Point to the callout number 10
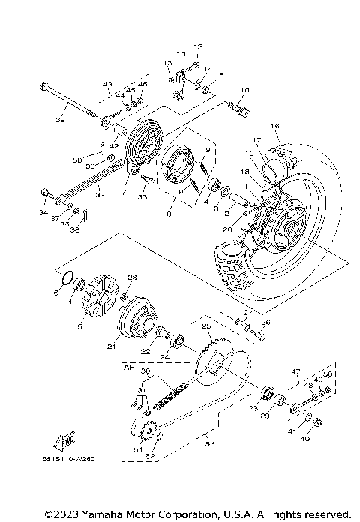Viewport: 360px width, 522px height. pyautogui.click(x=243, y=91)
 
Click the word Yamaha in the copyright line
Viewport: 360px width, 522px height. pyautogui.click(x=100, y=514)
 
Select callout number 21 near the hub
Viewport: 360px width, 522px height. pyautogui.click(x=110, y=346)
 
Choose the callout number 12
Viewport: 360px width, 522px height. pyautogui.click(x=199, y=46)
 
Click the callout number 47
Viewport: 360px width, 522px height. pyautogui.click(x=295, y=370)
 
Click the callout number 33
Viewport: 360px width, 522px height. pyautogui.click(x=142, y=197)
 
